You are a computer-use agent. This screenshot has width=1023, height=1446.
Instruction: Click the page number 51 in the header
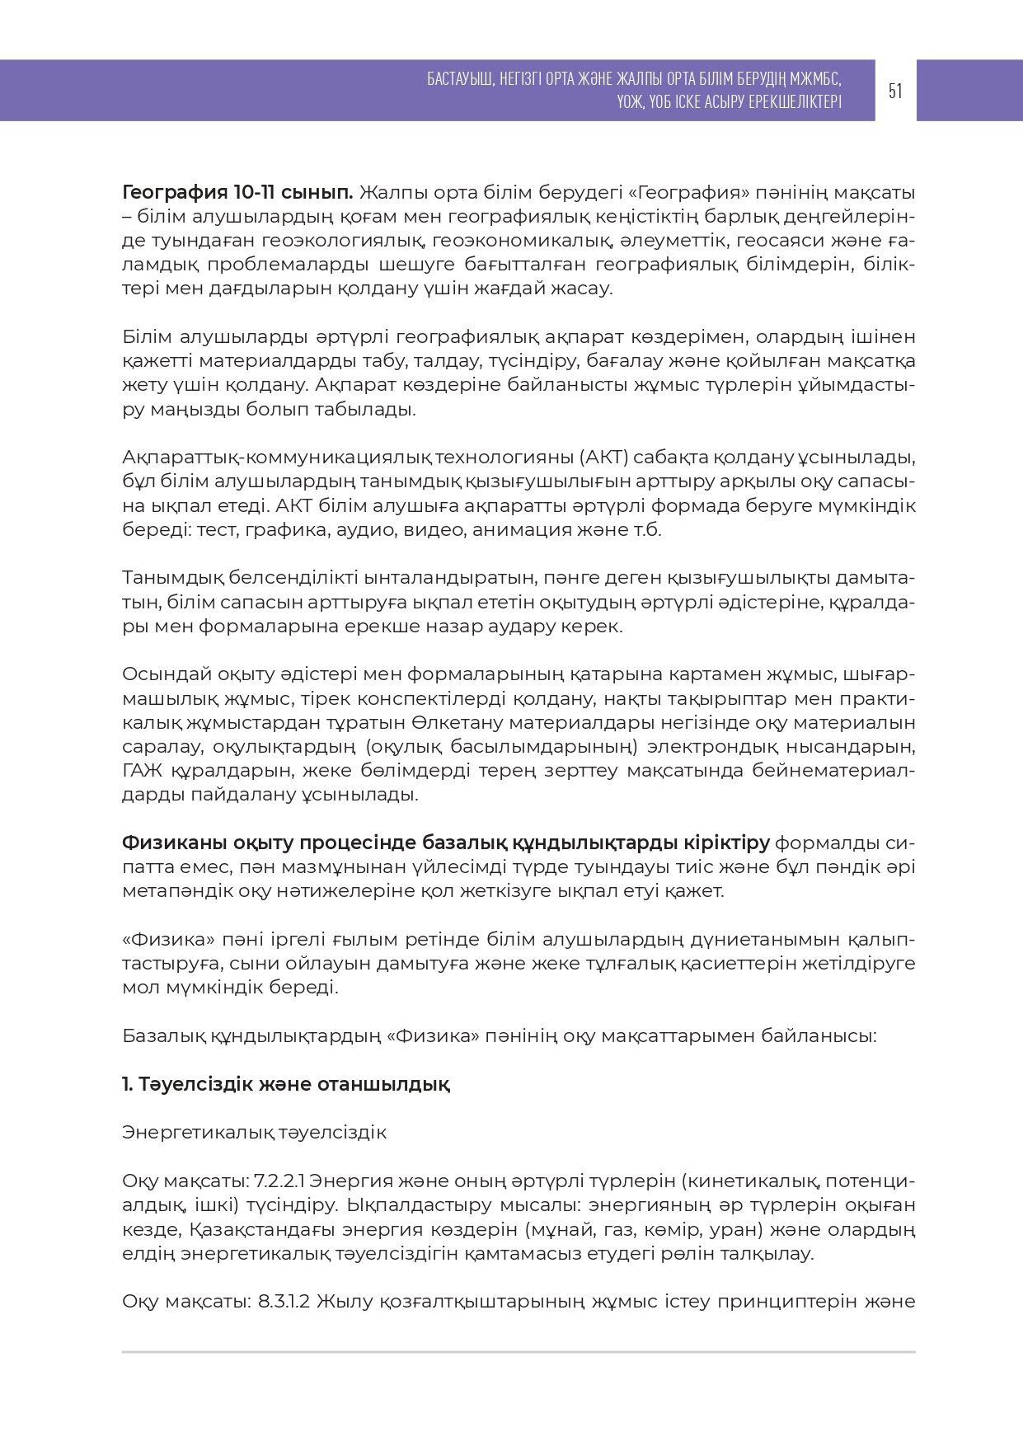tap(895, 91)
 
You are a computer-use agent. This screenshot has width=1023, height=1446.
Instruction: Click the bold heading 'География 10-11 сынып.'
tap(237, 193)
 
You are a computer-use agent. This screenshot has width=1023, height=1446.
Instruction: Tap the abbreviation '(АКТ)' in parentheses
tap(607, 458)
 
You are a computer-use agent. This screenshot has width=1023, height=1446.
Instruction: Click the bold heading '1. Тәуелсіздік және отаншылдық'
tap(285, 1084)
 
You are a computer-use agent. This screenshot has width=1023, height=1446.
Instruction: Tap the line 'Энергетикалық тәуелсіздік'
tap(254, 1133)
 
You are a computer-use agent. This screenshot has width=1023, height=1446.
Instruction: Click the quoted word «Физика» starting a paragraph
tap(169, 940)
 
